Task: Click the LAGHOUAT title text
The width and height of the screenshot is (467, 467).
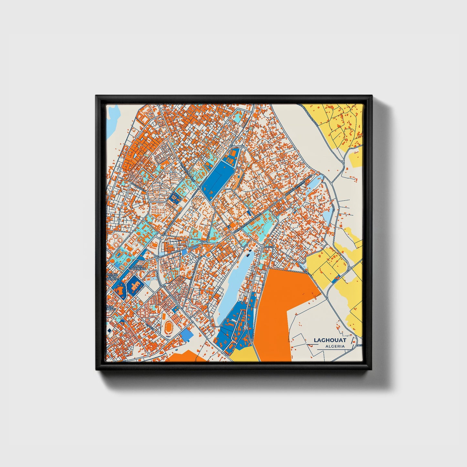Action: pyautogui.click(x=330, y=340)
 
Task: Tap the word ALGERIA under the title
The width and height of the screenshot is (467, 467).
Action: pyautogui.click(x=335, y=346)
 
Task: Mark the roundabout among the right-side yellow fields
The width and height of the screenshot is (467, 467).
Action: pyautogui.click(x=349, y=268)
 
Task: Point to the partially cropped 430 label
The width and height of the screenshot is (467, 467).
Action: pyautogui.click(x=111, y=308)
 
